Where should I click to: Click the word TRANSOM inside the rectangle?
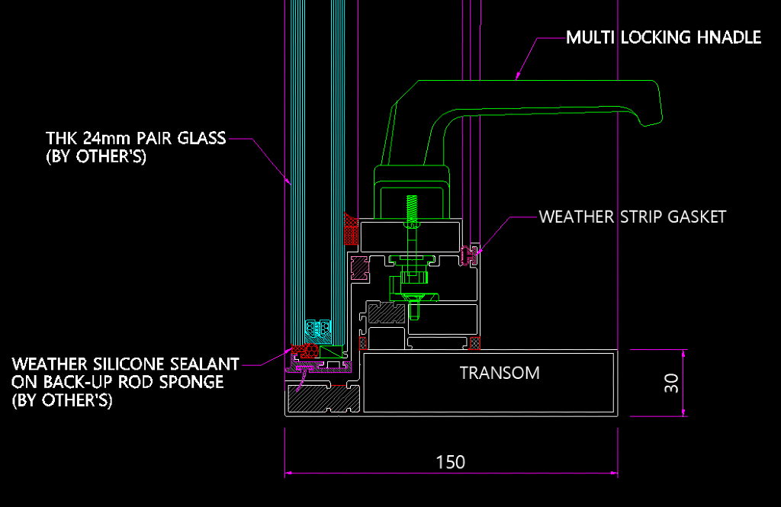coord(500,373)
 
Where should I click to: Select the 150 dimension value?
coord(450,462)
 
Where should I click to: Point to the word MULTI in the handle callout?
coord(587,37)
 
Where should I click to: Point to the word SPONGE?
coord(195,382)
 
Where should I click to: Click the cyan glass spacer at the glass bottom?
coord(318,327)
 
